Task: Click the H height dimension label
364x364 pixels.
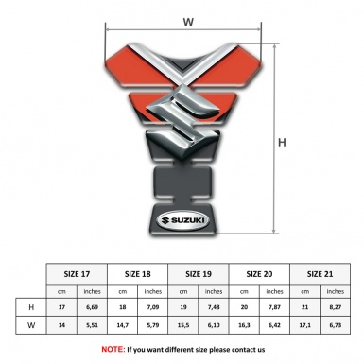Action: (284, 144)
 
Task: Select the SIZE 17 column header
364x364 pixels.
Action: (78, 273)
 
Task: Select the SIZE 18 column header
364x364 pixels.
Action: (138, 273)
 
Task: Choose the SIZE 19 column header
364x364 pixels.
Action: (199, 273)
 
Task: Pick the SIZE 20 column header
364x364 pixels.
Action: (259, 273)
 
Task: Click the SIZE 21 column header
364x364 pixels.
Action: (320, 273)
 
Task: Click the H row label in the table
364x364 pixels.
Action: (31, 308)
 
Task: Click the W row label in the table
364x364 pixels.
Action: (31, 325)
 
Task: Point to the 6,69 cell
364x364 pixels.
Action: (93, 308)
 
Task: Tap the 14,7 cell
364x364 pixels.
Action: (124, 325)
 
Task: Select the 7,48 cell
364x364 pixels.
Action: (215, 308)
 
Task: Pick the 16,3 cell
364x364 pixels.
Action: (244, 325)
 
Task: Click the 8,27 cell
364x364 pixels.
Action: (336, 308)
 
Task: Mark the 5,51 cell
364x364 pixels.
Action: (93, 325)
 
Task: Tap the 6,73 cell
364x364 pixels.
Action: (336, 325)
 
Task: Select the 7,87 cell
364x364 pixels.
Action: (275, 308)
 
